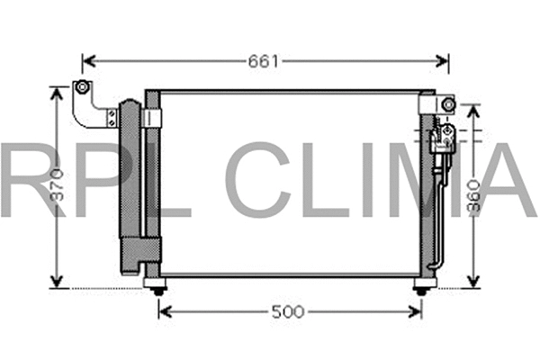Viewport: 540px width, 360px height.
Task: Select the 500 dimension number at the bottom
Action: (x=287, y=312)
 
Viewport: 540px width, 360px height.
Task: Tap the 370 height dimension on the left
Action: (x=58, y=190)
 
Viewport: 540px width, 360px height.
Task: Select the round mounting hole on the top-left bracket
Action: (x=81, y=87)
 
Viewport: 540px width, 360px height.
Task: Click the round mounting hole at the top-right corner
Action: (x=447, y=105)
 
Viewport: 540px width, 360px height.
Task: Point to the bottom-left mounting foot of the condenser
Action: (x=158, y=286)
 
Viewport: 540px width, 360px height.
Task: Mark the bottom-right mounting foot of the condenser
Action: (x=421, y=286)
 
